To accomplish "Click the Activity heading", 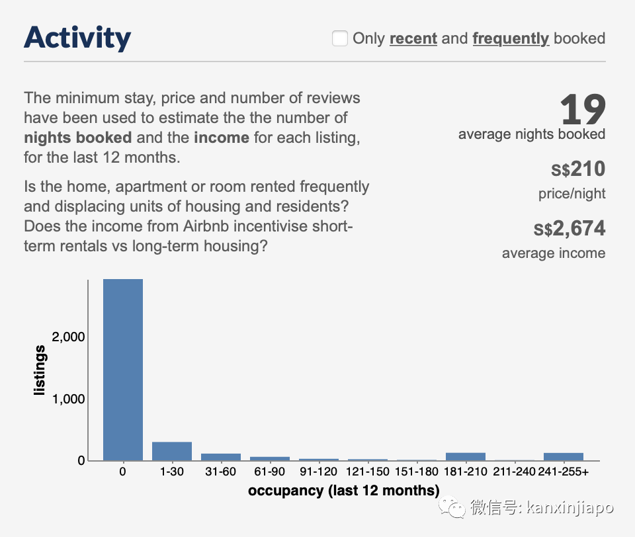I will click(x=77, y=38).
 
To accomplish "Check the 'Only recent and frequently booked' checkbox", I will click(x=340, y=39).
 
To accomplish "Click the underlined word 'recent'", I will click(x=413, y=38).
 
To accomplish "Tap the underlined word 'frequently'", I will click(x=511, y=38).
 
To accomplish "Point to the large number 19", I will click(x=583, y=110).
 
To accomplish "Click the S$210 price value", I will click(x=578, y=169).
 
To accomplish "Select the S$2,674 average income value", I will click(x=570, y=229).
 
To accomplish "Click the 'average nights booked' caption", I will click(x=532, y=134).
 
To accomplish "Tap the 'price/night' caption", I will click(x=571, y=194).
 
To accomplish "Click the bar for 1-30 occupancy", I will click(x=172, y=451).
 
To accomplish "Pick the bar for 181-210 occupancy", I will click(x=466, y=456).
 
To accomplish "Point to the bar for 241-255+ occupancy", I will click(x=564, y=456).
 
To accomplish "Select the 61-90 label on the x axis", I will click(x=270, y=472).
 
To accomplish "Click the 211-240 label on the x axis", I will click(x=515, y=472).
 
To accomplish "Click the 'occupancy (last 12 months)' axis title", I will click(x=343, y=491).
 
